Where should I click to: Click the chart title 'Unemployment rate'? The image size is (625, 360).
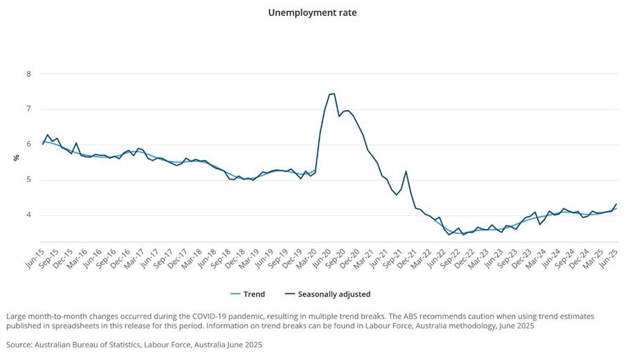point(311,12)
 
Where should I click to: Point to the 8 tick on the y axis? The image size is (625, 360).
point(28,73)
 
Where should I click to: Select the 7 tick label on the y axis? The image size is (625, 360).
point(28,109)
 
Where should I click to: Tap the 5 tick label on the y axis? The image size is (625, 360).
point(28,180)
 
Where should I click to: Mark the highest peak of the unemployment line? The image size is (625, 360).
point(334,93)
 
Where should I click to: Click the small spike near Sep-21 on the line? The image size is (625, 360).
point(406,171)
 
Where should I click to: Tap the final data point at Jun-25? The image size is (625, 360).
point(615,204)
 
